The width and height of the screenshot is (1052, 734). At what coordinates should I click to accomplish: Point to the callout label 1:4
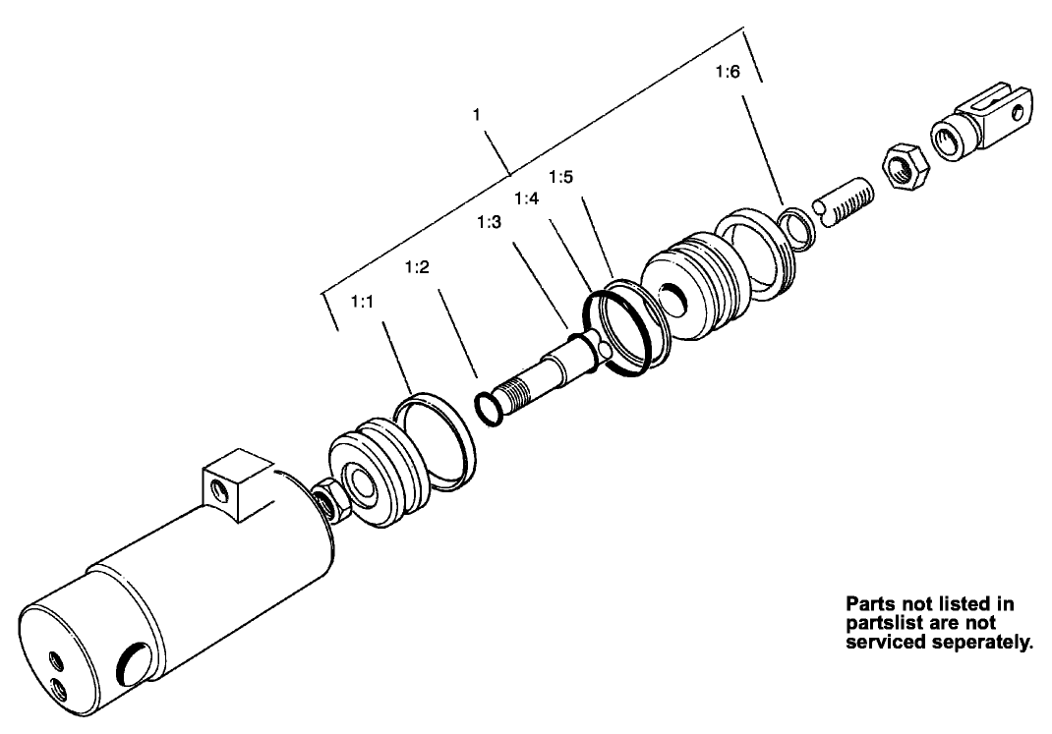(526, 198)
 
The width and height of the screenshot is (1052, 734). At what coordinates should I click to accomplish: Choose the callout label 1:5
(560, 177)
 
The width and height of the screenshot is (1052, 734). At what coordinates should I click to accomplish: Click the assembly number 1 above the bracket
(476, 115)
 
